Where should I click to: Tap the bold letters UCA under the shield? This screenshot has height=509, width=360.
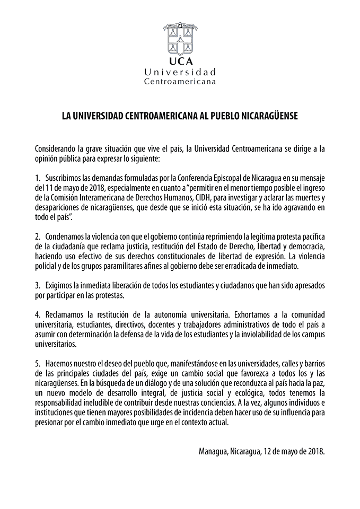(x=180, y=61)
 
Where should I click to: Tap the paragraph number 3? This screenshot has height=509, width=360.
(x=37, y=286)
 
